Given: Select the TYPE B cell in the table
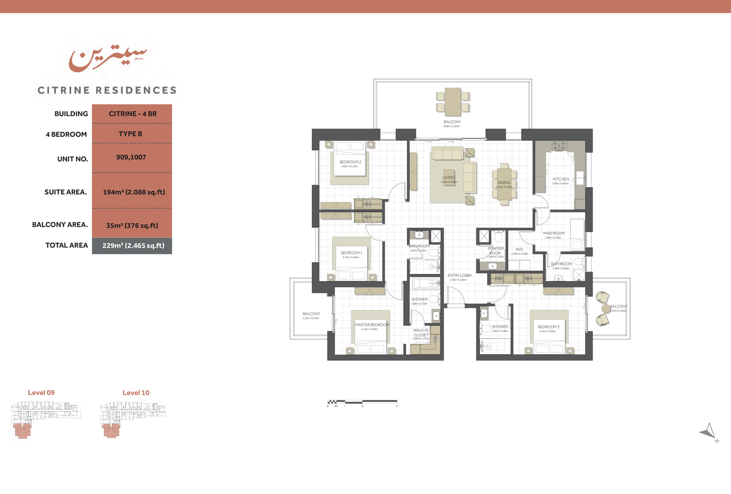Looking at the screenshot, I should click(131, 134).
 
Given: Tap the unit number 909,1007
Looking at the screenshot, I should click(131, 157).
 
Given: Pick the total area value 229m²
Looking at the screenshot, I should click(133, 246).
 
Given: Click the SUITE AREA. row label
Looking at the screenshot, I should click(66, 192).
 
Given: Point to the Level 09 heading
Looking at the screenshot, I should click(41, 393).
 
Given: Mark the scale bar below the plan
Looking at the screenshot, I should click(362, 401).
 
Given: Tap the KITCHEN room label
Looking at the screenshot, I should click(560, 179).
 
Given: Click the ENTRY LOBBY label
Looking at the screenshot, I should click(460, 275).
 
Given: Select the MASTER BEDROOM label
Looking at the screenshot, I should click(372, 325).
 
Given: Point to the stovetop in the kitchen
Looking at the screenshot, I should click(559, 146).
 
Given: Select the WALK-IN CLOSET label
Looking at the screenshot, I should click(421, 333).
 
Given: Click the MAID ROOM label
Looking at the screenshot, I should click(554, 233).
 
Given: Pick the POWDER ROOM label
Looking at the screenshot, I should click(496, 251).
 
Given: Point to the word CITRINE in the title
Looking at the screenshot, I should click(64, 91).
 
